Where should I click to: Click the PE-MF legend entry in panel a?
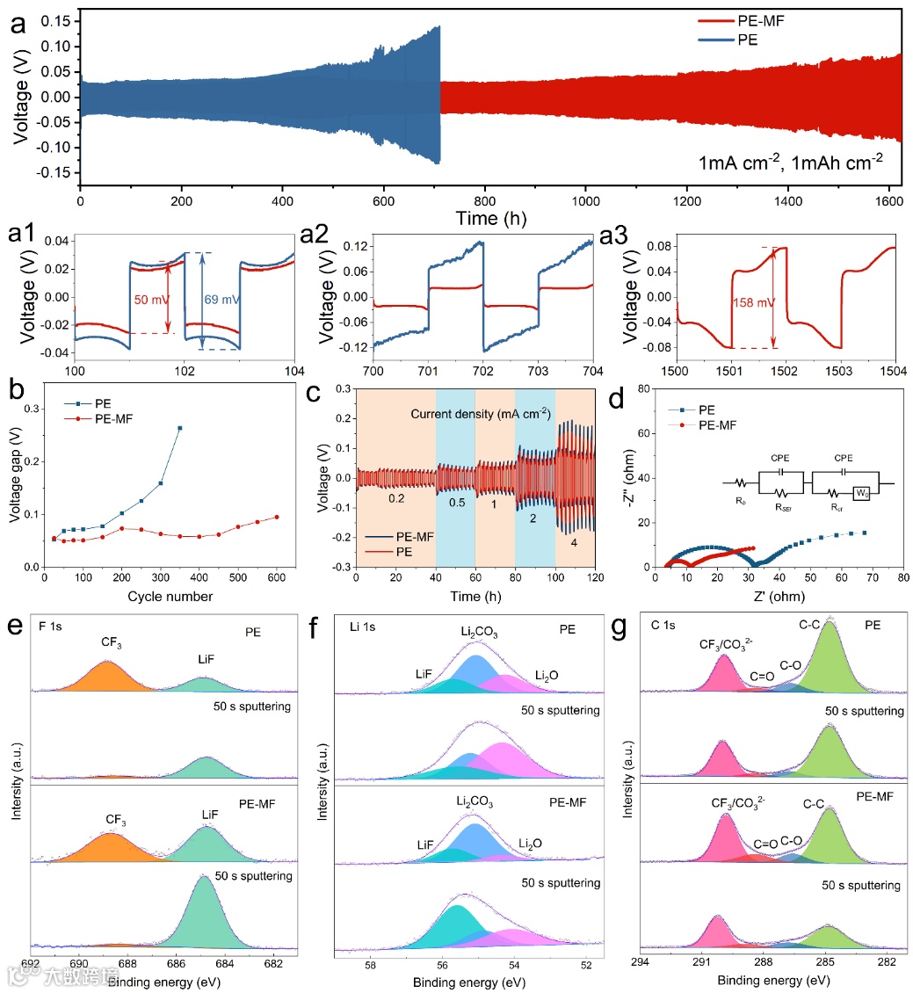pos(757,18)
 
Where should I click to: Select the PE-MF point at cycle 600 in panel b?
pos(277,517)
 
